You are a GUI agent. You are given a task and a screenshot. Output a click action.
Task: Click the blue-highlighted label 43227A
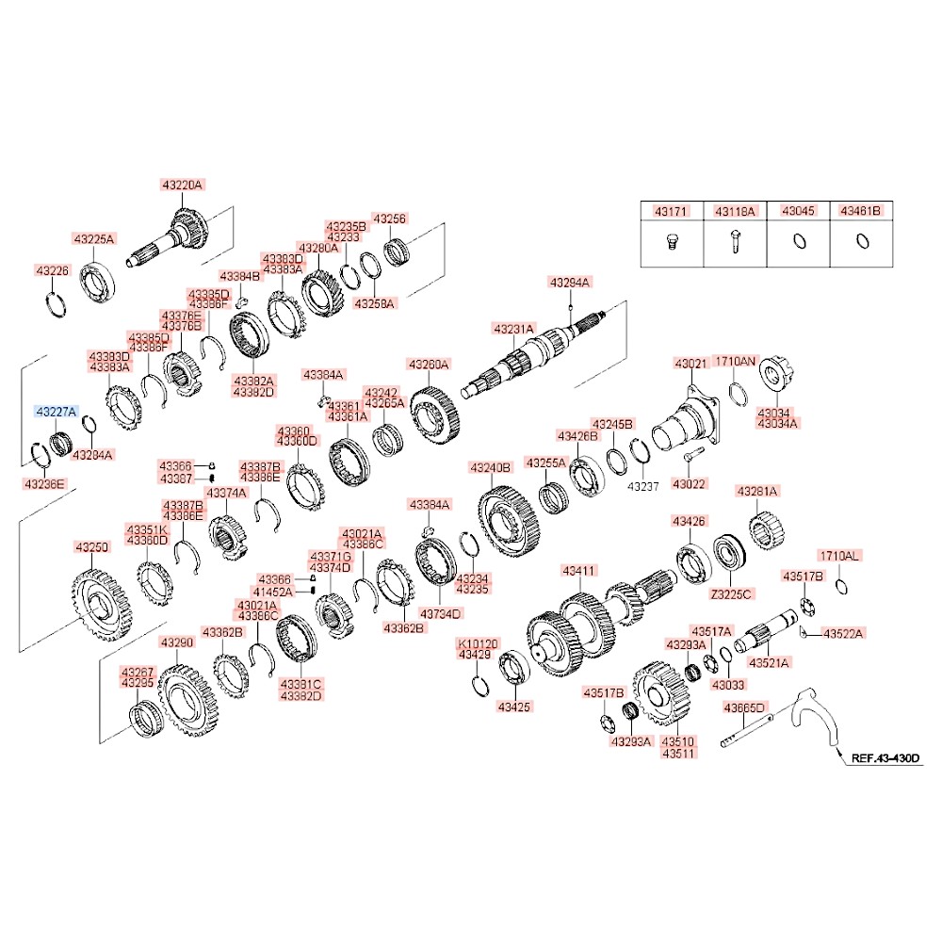(57, 412)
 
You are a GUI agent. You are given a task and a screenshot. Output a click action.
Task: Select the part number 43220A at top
(182, 185)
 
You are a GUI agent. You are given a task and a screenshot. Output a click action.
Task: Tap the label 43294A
(570, 283)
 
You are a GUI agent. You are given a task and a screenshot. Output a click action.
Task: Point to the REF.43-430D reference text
(885, 756)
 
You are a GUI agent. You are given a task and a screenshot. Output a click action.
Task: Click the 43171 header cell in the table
(672, 212)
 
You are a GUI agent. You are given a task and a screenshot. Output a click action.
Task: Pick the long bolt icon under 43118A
(734, 243)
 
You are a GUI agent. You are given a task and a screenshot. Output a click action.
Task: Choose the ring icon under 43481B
(860, 243)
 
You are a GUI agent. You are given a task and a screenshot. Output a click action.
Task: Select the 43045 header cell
(797, 212)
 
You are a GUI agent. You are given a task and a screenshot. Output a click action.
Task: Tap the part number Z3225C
(732, 595)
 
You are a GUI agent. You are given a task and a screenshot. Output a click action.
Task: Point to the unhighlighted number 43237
(644, 486)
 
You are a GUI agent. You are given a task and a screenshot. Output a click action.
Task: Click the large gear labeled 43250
(102, 604)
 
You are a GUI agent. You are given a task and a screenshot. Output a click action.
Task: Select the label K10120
(475, 642)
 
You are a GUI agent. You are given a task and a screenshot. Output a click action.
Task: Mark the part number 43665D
(746, 707)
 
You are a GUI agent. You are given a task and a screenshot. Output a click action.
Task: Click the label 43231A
(513, 329)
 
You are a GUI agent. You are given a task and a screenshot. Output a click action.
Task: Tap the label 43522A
(843, 633)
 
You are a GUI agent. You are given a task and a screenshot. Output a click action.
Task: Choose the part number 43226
(53, 271)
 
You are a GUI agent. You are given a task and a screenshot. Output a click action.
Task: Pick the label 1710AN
(735, 361)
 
